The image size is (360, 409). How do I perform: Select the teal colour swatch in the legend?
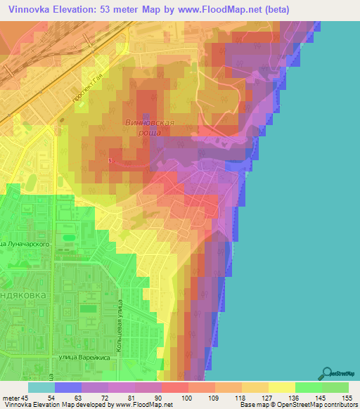pyautogui.click(x=41, y=387)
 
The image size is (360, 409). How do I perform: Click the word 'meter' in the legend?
pyautogui.click(x=11, y=398)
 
